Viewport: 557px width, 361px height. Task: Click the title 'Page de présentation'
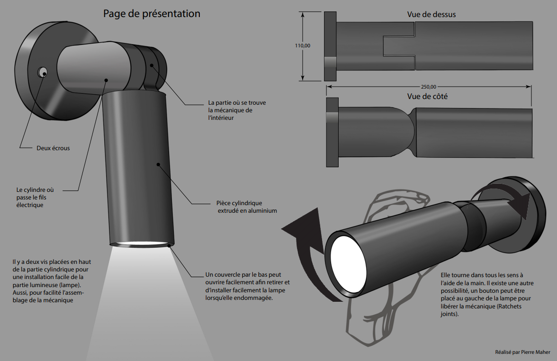[x=152, y=14]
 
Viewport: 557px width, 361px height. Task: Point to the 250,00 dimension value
[x=428, y=87]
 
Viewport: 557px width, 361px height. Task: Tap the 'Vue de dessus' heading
[x=431, y=15]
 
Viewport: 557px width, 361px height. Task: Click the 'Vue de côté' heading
[x=427, y=96]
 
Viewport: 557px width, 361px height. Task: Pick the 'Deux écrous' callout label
[x=53, y=148]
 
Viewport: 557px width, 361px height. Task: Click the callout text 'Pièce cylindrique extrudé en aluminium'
[x=243, y=207]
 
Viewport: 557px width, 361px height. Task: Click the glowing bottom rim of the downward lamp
[x=141, y=244]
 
